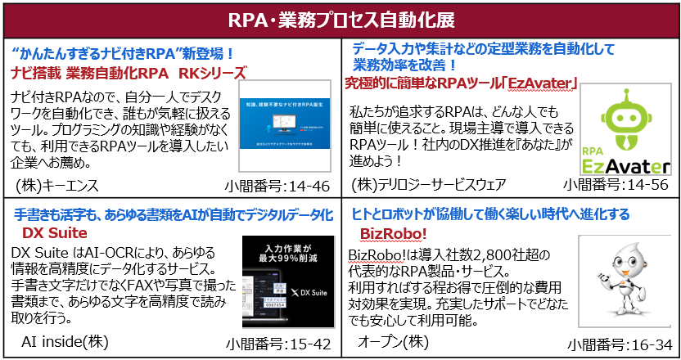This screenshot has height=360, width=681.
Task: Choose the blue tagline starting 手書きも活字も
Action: click(x=174, y=214)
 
